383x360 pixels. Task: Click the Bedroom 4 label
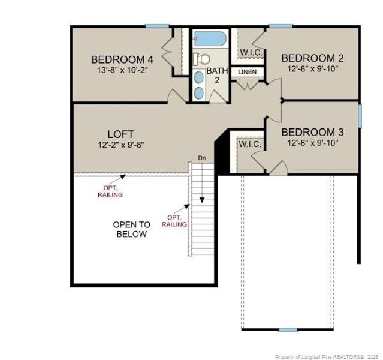tap(122, 59)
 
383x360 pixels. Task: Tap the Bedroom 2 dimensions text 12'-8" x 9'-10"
tap(313, 69)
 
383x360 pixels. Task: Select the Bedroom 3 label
tap(313, 133)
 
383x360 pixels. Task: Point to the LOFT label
tap(121, 134)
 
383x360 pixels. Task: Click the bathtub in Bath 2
tap(210, 38)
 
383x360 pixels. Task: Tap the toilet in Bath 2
tap(202, 59)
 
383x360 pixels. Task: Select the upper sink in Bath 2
tap(199, 77)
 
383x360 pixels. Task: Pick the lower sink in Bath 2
tap(199, 93)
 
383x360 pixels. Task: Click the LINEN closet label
tap(247, 72)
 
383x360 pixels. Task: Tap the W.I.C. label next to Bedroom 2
tap(251, 53)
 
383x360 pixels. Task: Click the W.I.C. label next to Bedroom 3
tap(250, 144)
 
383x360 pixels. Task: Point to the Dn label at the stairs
tap(202, 158)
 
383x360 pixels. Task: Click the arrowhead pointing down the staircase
tap(202, 200)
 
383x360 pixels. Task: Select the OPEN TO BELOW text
tap(132, 229)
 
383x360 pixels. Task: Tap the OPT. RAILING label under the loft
tap(110, 191)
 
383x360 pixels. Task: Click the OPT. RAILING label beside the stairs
tap(174, 221)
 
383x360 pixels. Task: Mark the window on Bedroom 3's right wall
tap(360, 116)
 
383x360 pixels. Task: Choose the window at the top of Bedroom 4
tap(157, 26)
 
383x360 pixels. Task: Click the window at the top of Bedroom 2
tap(281, 26)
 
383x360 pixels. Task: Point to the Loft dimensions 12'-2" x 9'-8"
tap(121, 145)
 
